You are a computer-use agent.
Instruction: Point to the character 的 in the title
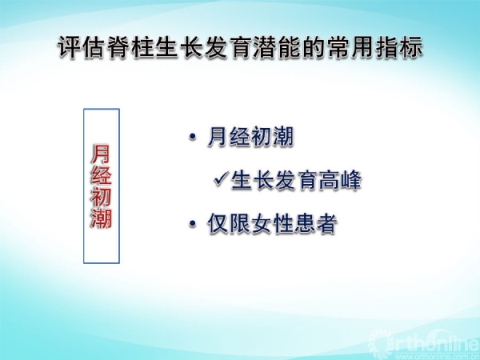pyautogui.click(x=314, y=47)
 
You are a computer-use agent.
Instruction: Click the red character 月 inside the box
pyautogui.click(x=101, y=154)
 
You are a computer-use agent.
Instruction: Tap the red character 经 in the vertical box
pyautogui.click(x=101, y=175)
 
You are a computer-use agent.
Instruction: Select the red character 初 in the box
pyautogui.click(x=101, y=197)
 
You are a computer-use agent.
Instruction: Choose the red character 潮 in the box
pyautogui.click(x=101, y=218)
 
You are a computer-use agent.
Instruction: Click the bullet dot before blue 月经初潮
pyautogui.click(x=193, y=137)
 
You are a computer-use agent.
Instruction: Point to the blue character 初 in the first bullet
pyautogui.click(x=261, y=137)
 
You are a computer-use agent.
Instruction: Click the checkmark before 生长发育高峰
pyautogui.click(x=221, y=178)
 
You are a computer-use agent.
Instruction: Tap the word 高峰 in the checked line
pyautogui.click(x=340, y=179)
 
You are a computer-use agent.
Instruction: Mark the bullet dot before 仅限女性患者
pyautogui.click(x=193, y=223)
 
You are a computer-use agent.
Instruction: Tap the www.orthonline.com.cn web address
pyautogui.click(x=440, y=357)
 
